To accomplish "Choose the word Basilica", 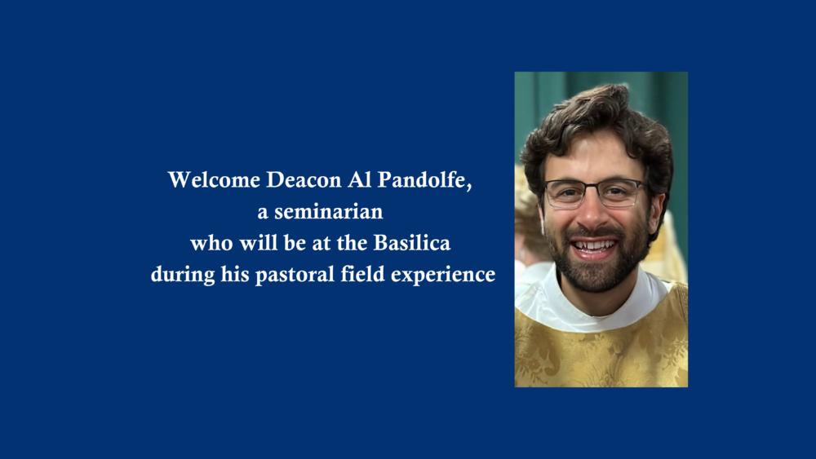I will coord(416,243).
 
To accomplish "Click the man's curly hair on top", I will coord(596,114).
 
